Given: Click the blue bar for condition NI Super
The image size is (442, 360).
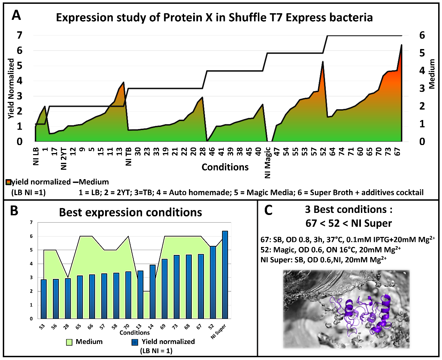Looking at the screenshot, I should pyautogui.click(x=225, y=275).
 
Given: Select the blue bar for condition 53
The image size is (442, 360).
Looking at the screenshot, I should pyautogui.click(x=44, y=299).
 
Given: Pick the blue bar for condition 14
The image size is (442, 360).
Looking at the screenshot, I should pyautogui.click(x=152, y=292).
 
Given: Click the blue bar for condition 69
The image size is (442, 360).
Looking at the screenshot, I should pyautogui.click(x=165, y=289).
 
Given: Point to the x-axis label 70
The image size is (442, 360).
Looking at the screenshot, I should pyautogui.click(x=127, y=327).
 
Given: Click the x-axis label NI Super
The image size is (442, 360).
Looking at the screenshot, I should pyautogui.click(x=219, y=331).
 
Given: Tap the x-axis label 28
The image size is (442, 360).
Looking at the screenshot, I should pyautogui.click(x=66, y=327).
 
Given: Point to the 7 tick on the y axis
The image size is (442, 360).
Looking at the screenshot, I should pyautogui.click(x=31, y=223).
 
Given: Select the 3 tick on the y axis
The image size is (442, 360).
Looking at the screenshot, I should pyautogui.click(x=31, y=278).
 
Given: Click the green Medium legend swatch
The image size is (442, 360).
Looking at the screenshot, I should pyautogui.click(x=69, y=342).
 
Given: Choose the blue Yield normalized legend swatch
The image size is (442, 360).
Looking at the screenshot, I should pyautogui.click(x=135, y=342).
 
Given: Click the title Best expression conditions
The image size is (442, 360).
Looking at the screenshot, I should pyautogui.click(x=131, y=212).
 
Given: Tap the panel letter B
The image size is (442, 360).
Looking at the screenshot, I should pyautogui.click(x=14, y=210).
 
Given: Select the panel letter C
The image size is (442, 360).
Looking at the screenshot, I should pyautogui.click(x=268, y=210).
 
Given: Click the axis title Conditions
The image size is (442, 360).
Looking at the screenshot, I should pyautogui.click(x=135, y=333).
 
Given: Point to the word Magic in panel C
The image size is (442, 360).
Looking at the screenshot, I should pyautogui.click(x=284, y=250).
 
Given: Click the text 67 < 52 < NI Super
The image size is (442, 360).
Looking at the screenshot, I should pyautogui.click(x=348, y=223).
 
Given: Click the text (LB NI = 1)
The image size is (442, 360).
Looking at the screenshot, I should pyautogui.click(x=156, y=351).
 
